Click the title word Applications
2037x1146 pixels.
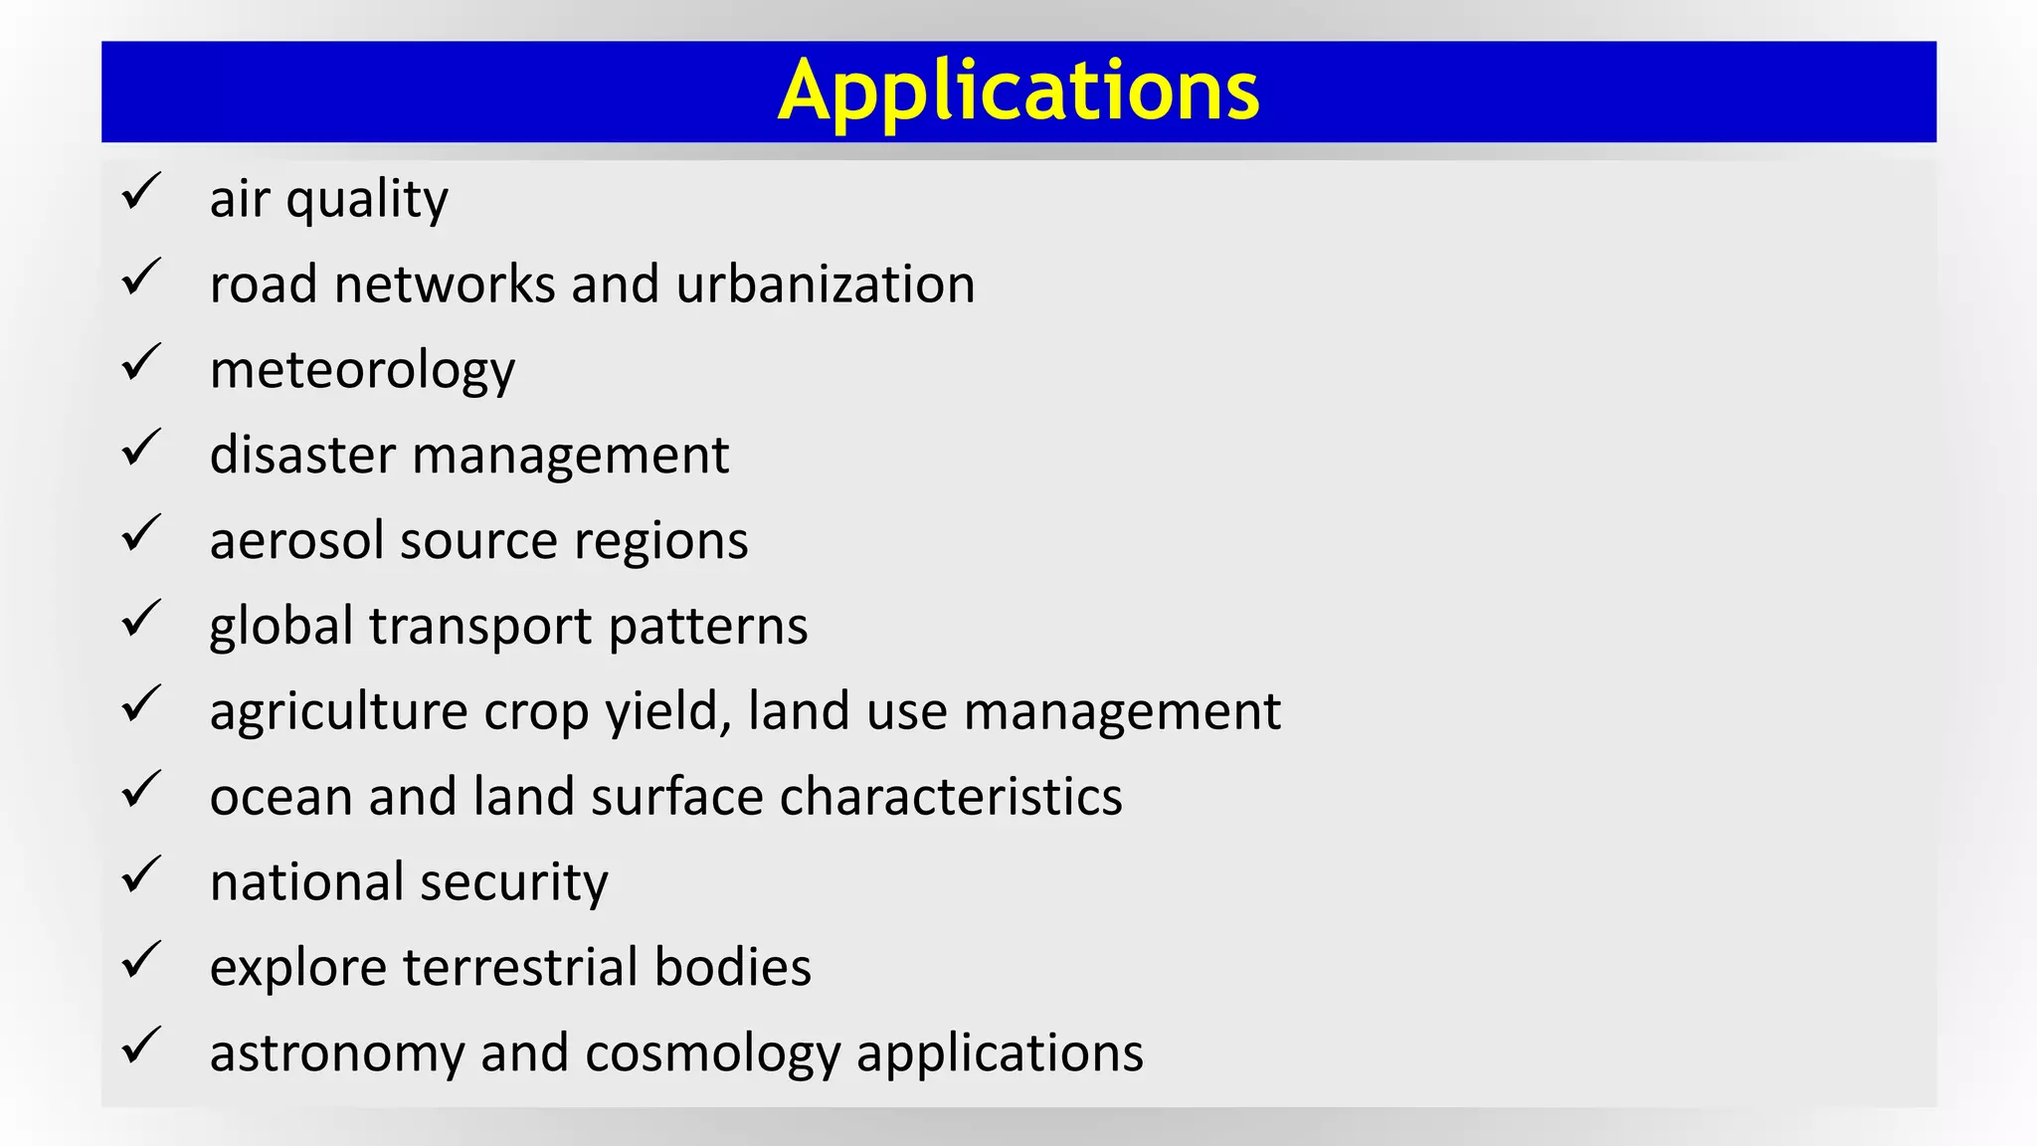[x=1018, y=92]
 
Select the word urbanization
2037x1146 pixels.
[x=826, y=285]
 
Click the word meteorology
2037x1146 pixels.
[x=362, y=371]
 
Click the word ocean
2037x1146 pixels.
[x=280, y=798]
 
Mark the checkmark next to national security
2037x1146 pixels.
[x=141, y=874]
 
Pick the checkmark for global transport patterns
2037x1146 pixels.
[x=141, y=619]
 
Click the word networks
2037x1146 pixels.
[x=445, y=285]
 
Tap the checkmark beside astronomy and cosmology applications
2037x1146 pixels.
[x=141, y=1046]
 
